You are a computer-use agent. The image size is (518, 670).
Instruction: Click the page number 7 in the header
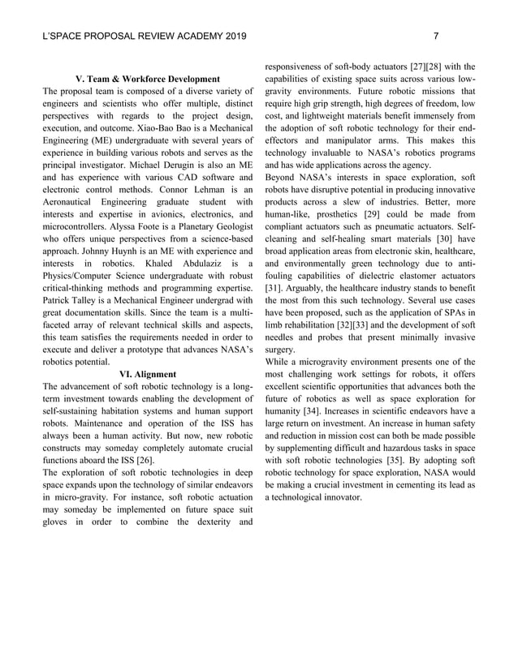click(x=436, y=36)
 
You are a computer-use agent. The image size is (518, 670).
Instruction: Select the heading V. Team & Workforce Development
click(x=147, y=79)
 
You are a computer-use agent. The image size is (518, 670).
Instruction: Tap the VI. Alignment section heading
click(x=147, y=374)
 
